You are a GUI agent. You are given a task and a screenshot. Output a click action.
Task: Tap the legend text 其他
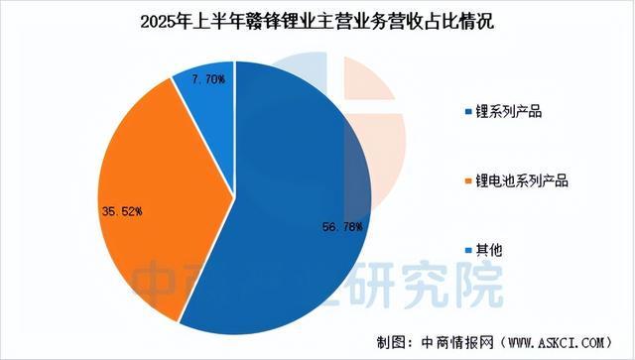coord(490,251)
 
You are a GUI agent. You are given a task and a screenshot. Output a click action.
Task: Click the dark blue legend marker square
coord(469,110)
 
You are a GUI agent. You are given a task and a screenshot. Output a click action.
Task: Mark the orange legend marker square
coord(469,180)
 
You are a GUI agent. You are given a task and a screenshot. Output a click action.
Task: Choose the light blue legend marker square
coord(469,252)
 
